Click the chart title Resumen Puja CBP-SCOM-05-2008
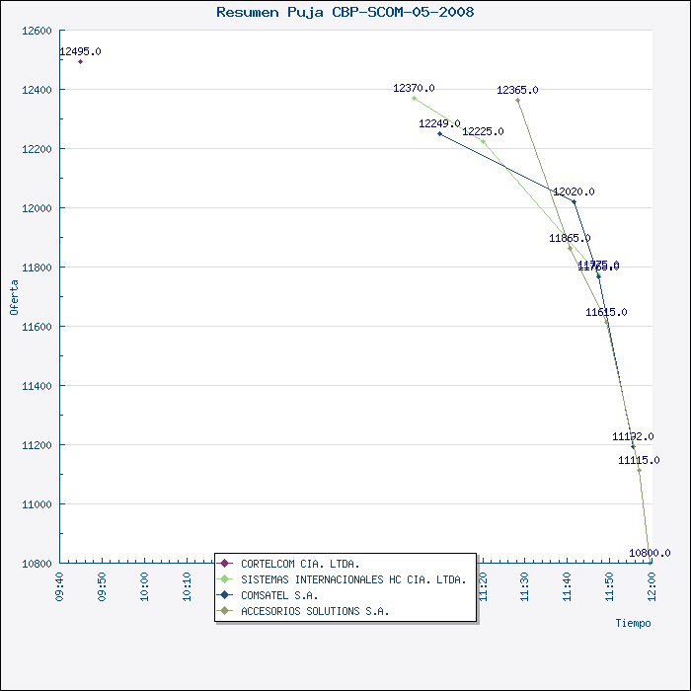345,12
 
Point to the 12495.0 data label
80,51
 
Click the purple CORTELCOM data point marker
80,61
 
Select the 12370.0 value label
414,88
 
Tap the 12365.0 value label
517,90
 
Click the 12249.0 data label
439,123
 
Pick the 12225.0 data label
483,131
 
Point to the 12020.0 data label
574,192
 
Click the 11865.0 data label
570,238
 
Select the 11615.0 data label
606,312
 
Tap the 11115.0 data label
640,460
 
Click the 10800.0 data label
650,553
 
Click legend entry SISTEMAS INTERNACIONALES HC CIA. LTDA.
353,579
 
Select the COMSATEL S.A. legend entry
279,595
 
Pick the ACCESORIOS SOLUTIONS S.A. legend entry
315,611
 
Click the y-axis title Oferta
14,296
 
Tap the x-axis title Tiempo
633,623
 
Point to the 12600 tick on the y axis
37,31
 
